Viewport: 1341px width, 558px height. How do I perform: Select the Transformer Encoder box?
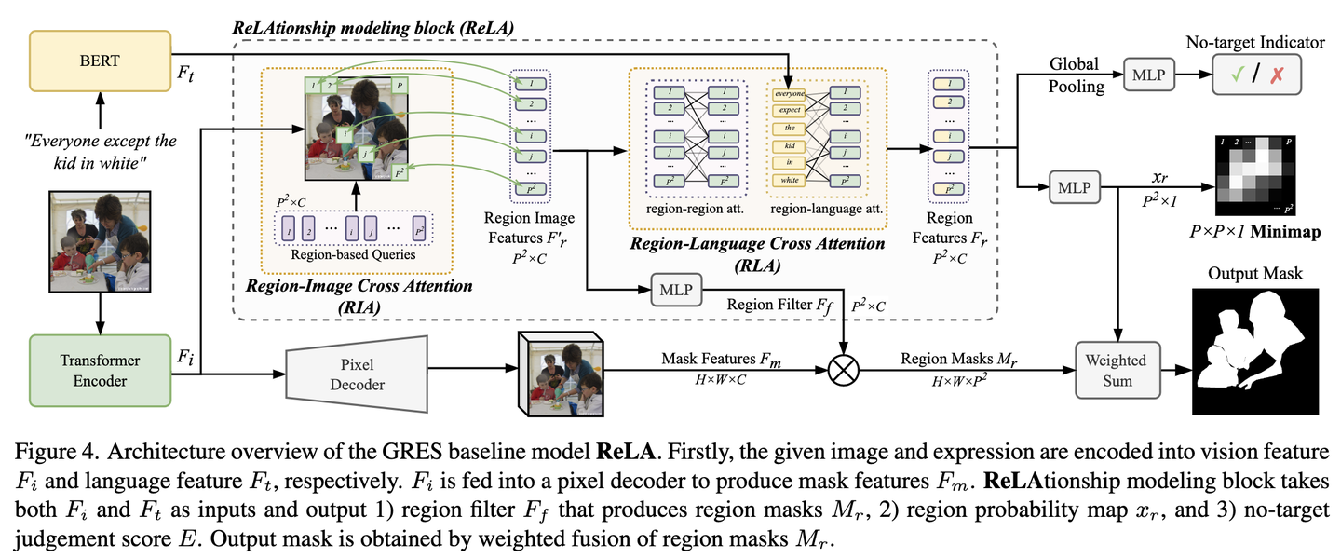pos(101,370)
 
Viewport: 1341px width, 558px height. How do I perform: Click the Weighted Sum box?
pos(1117,370)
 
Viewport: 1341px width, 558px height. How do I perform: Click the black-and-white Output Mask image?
pos(1255,350)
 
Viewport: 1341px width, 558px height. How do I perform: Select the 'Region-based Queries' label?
pos(352,252)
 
